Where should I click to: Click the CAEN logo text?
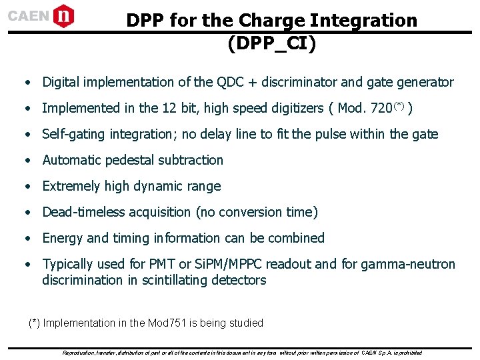pos(29,15)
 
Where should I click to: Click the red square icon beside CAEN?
pos(64,15)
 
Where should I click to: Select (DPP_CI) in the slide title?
pos(271,43)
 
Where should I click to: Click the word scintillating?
pos(174,280)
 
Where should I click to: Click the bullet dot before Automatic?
pos(27,161)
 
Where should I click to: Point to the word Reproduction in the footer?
pos(81,353)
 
